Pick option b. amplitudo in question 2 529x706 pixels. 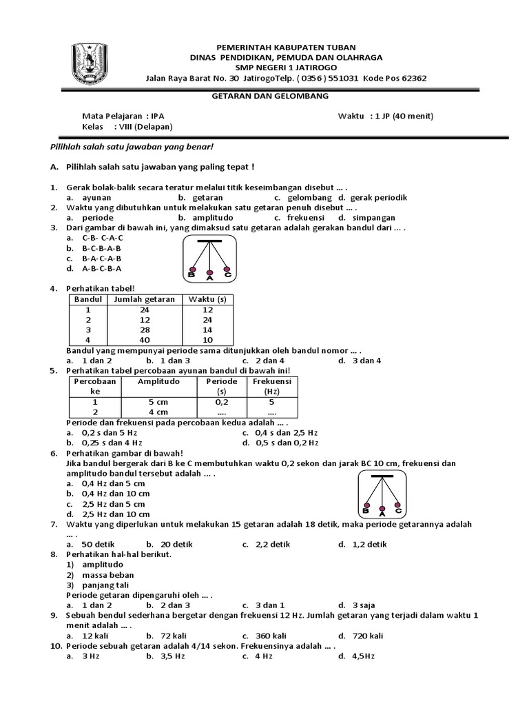point(204,217)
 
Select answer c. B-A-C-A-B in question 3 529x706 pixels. point(101,258)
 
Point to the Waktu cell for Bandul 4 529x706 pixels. point(208,341)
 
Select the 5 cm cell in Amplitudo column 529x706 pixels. point(158,401)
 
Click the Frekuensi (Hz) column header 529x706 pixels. point(271,386)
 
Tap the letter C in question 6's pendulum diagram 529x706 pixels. point(398,512)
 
